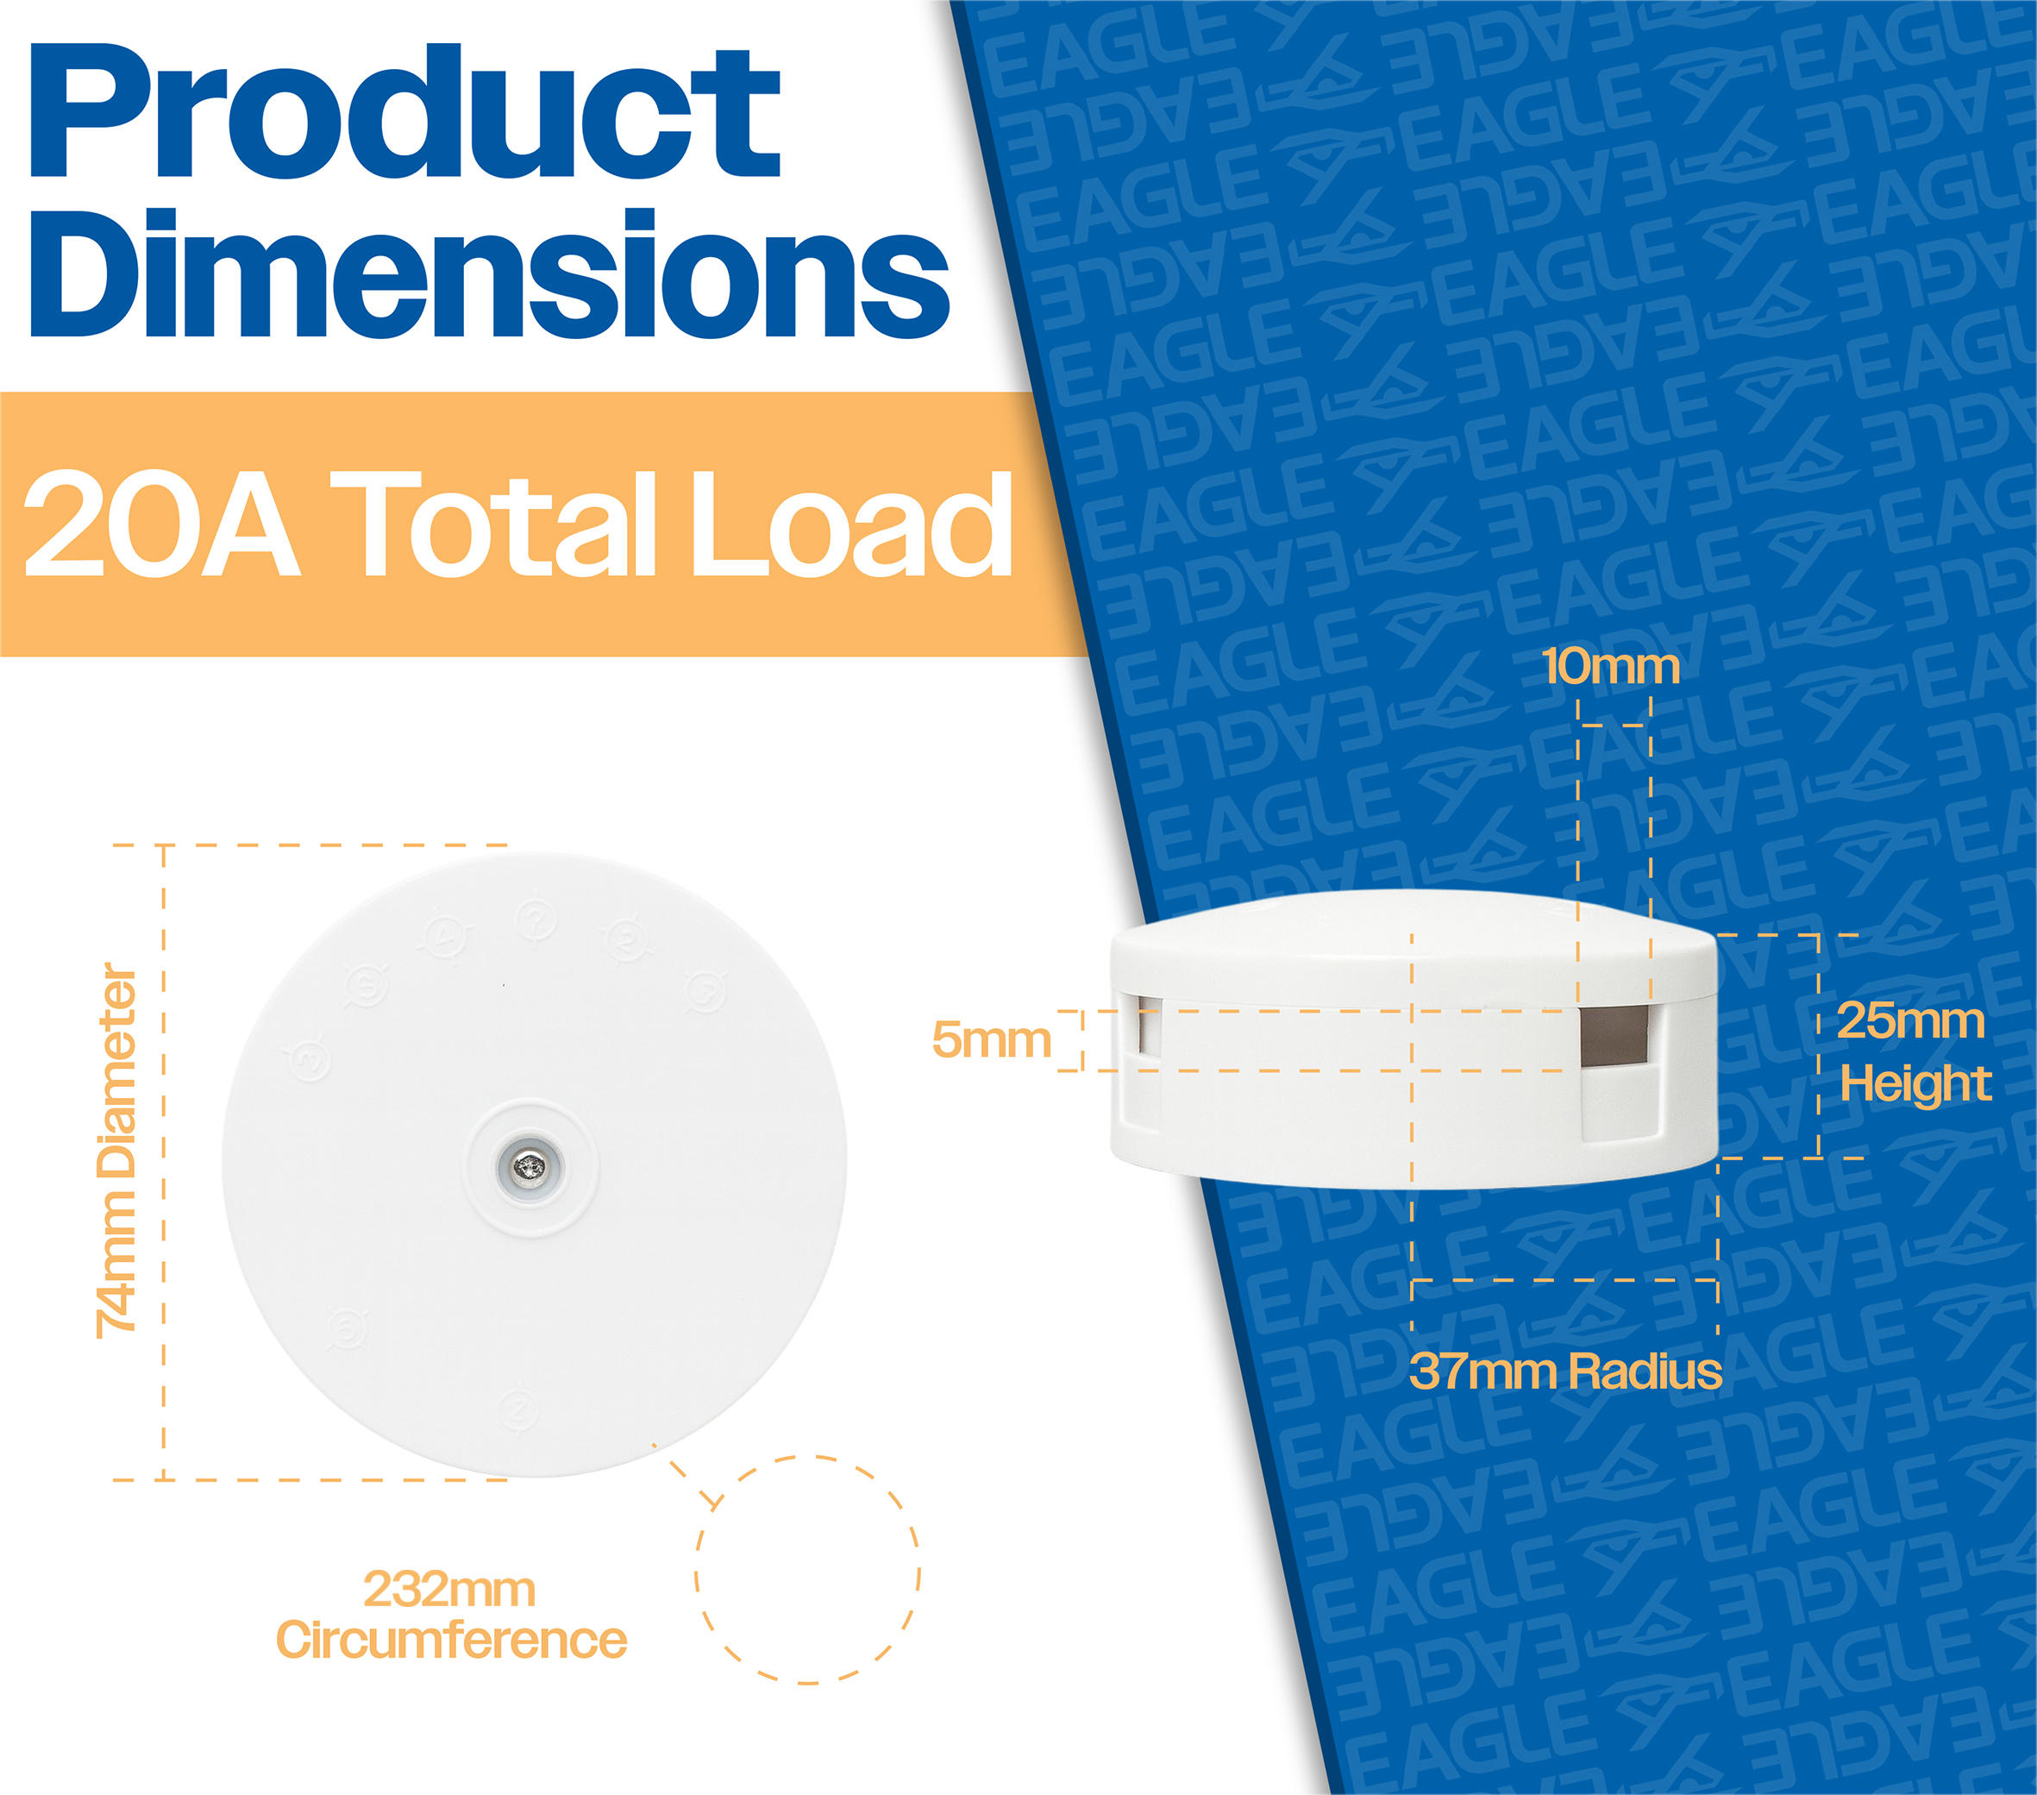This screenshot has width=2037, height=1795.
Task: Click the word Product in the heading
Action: point(405,111)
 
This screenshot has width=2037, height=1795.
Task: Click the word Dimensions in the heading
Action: point(489,273)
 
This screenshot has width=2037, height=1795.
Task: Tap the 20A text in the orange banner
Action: point(160,524)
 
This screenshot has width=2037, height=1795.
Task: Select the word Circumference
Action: point(451,1641)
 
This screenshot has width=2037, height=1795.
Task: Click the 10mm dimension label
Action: point(1610,666)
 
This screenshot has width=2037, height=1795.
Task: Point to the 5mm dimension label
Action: point(992,1039)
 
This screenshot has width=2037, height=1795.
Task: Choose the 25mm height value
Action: point(1910,1020)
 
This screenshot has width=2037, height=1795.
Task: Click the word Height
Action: point(1915,1083)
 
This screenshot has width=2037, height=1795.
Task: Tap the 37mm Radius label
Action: point(1565,1371)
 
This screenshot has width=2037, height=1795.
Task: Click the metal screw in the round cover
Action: point(530,1166)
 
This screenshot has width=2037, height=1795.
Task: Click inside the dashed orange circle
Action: point(807,1571)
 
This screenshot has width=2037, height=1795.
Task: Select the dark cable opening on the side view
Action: point(1614,1034)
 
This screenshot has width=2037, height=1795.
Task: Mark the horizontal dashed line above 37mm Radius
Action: point(1564,1280)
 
